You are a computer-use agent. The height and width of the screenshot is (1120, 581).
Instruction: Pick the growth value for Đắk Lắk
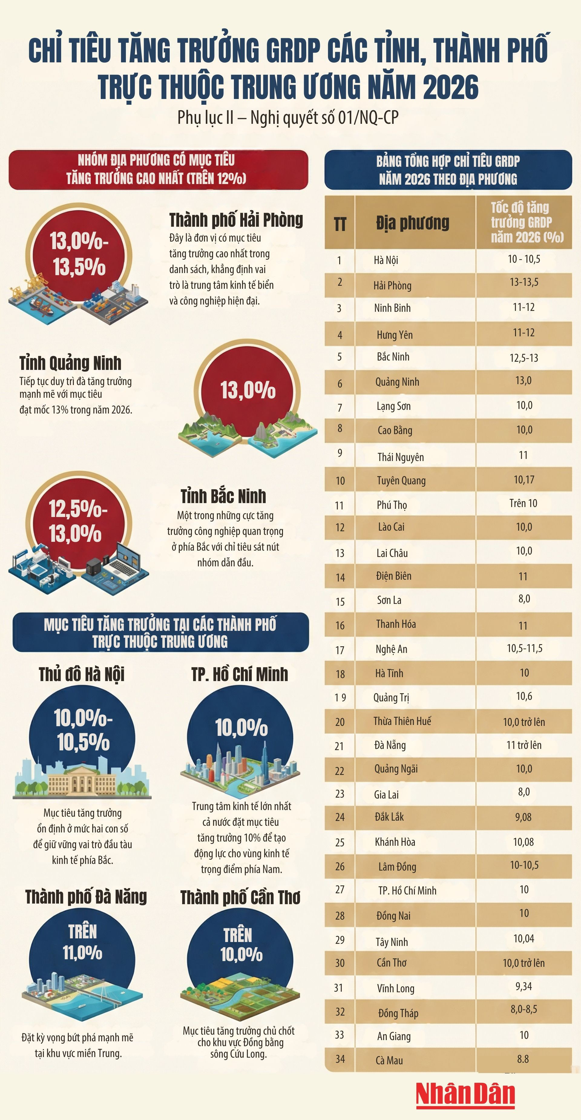(x=523, y=817)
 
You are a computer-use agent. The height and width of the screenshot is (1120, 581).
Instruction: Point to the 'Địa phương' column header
(x=412, y=222)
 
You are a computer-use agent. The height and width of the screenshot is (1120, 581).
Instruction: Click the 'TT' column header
(x=340, y=224)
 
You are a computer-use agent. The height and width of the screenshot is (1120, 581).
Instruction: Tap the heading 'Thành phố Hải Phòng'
(x=236, y=220)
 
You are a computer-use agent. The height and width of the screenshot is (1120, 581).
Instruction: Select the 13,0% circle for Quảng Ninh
(x=248, y=390)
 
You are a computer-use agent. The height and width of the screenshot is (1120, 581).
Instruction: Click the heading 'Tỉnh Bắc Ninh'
(x=223, y=496)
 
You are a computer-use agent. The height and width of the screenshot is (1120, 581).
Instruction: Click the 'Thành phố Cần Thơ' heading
(x=240, y=897)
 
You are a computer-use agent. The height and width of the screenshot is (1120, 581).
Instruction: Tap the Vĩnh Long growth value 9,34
(x=523, y=986)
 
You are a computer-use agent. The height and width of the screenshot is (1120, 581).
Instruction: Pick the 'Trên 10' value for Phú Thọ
(x=523, y=503)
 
